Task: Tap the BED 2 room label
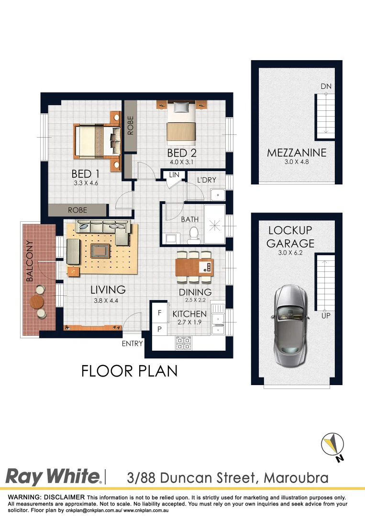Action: pyautogui.click(x=182, y=153)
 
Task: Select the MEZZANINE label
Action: pyautogui.click(x=297, y=153)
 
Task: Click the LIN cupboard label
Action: pyautogui.click(x=174, y=175)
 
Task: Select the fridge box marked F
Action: pyautogui.click(x=159, y=313)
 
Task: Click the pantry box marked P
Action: pyautogui.click(x=159, y=329)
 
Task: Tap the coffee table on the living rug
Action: pyautogui.click(x=100, y=250)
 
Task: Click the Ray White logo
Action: pyautogui.click(x=53, y=477)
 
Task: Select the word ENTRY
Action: pyautogui.click(x=133, y=344)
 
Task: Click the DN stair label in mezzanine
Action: pyautogui.click(x=326, y=86)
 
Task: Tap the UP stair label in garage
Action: pyautogui.click(x=326, y=315)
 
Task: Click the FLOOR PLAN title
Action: pyautogui.click(x=129, y=371)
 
